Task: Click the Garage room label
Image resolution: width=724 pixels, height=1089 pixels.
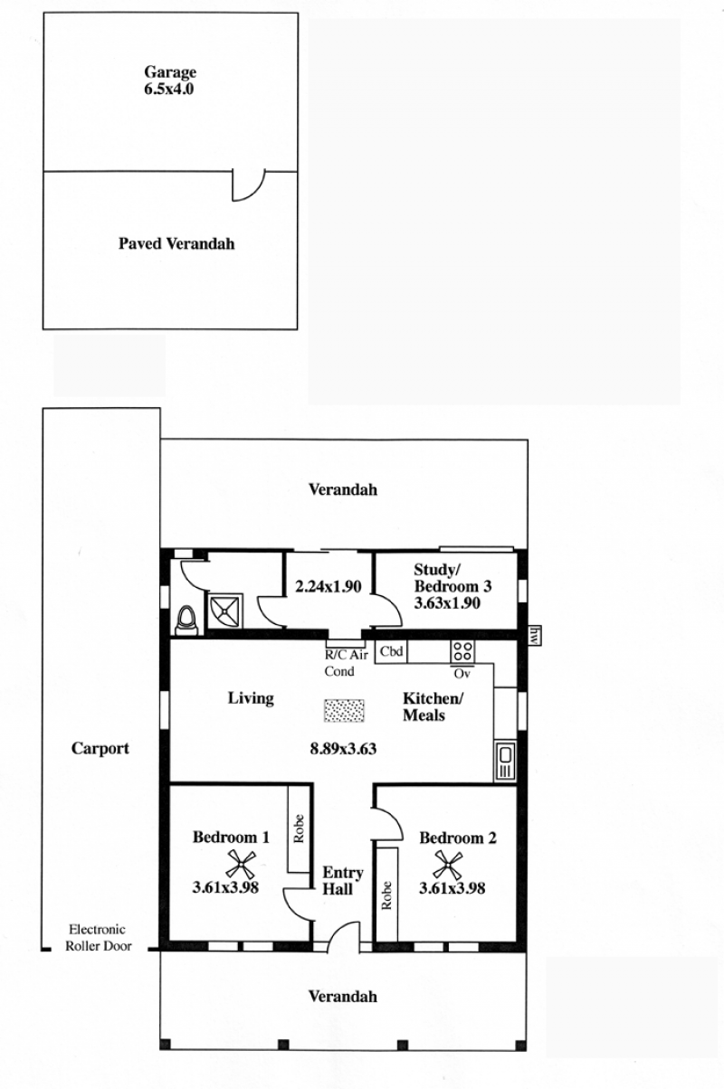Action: tap(170, 72)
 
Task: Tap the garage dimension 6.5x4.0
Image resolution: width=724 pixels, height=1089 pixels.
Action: tap(169, 90)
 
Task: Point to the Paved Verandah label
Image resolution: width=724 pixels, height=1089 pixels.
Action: tap(176, 243)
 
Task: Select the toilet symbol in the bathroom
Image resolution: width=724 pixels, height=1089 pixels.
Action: tap(186, 620)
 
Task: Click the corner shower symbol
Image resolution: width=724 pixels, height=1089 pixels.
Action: tap(225, 611)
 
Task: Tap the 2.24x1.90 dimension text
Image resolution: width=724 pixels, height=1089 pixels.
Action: tap(329, 587)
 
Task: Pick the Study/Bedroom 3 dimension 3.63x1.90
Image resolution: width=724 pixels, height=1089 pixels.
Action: tap(447, 603)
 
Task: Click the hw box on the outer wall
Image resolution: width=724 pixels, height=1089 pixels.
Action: tap(534, 636)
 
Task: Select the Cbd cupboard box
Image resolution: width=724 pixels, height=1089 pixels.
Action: tap(391, 651)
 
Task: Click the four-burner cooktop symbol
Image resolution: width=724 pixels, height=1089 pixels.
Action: tap(462, 651)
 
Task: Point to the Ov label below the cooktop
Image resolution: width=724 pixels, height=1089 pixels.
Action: tap(462, 674)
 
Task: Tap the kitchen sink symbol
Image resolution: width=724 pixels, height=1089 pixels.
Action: tap(505, 762)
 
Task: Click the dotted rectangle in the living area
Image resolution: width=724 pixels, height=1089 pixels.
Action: tap(344, 711)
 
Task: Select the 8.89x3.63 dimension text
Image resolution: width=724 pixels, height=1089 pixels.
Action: tap(344, 748)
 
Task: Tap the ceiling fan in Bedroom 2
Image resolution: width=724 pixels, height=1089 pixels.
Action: tap(448, 865)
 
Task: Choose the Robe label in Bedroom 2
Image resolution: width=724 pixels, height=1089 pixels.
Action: tap(386, 895)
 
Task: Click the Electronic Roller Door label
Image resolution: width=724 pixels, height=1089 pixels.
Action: tap(99, 938)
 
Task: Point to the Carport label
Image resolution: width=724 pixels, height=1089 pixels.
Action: tap(100, 748)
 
